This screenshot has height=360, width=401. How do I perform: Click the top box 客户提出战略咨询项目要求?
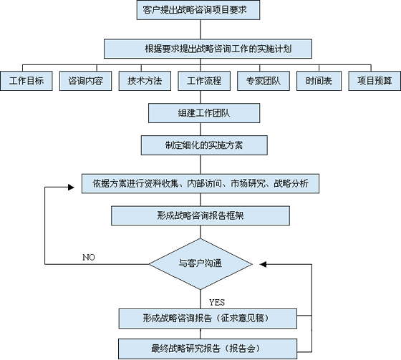[x=198, y=10]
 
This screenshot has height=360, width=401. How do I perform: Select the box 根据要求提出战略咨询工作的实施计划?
[x=208, y=49]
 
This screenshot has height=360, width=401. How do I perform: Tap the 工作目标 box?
[x=26, y=81]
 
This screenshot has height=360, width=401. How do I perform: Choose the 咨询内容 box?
[x=86, y=81]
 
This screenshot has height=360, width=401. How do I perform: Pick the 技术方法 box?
[x=145, y=81]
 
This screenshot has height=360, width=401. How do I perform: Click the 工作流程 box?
[x=204, y=81]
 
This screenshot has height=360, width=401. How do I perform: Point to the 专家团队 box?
[x=264, y=81]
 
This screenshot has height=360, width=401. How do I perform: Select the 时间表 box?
[x=319, y=81]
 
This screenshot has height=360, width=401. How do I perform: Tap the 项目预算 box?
[x=375, y=81]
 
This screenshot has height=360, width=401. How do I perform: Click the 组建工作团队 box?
[x=204, y=113]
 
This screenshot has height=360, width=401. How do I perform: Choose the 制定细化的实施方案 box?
[x=204, y=145]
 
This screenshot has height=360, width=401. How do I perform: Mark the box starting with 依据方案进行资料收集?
[x=200, y=184]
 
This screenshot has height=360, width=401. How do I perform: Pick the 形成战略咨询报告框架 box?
[x=200, y=216]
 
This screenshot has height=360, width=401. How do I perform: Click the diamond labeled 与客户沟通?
[x=200, y=264]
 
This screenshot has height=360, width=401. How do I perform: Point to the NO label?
[x=89, y=257]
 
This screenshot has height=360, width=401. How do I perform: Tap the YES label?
[x=217, y=303]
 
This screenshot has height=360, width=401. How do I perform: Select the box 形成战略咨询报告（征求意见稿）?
[x=208, y=318]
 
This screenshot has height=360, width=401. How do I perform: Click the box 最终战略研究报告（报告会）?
[x=208, y=349]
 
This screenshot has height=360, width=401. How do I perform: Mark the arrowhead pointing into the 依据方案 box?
[x=71, y=188]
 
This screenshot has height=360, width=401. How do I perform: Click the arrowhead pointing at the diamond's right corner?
[x=263, y=264]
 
